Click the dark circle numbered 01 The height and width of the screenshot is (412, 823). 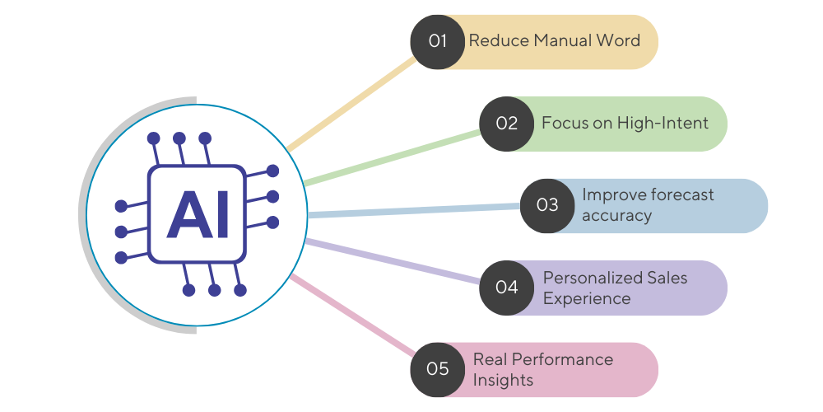tap(438, 41)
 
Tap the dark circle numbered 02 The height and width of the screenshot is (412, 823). tap(507, 124)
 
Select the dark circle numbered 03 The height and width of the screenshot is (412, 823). tap(548, 205)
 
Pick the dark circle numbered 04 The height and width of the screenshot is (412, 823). tap(507, 287)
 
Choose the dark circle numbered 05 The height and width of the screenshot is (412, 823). tap(438, 368)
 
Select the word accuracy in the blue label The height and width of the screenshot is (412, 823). tap(616, 216)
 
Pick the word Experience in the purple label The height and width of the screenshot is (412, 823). tap(587, 298)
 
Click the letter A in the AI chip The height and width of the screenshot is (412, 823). tap(187, 216)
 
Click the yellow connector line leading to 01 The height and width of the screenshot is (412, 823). tap(354, 104)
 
